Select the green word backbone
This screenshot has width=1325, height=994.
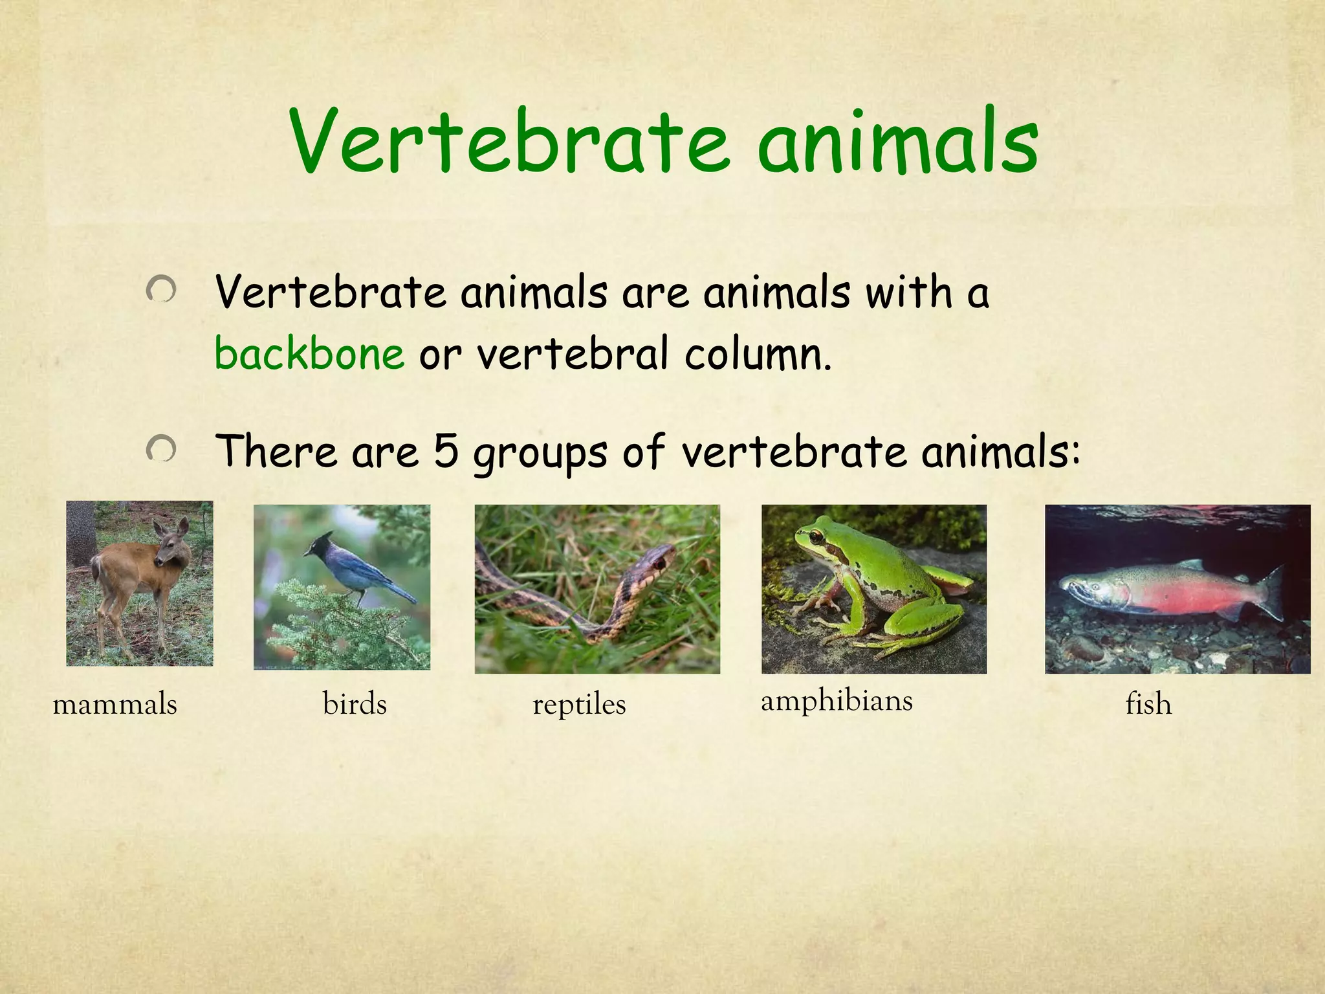(309, 354)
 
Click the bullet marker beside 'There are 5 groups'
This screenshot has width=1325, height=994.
(160, 448)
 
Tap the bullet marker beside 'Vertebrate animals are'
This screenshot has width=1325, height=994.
(160, 289)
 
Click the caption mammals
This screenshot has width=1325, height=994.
(115, 704)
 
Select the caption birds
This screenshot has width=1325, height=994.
(355, 704)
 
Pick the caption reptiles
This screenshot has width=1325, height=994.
(579, 704)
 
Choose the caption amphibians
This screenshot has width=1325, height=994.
(837, 701)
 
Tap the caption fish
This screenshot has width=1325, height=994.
(1148, 704)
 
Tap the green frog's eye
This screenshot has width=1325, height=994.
(816, 536)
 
